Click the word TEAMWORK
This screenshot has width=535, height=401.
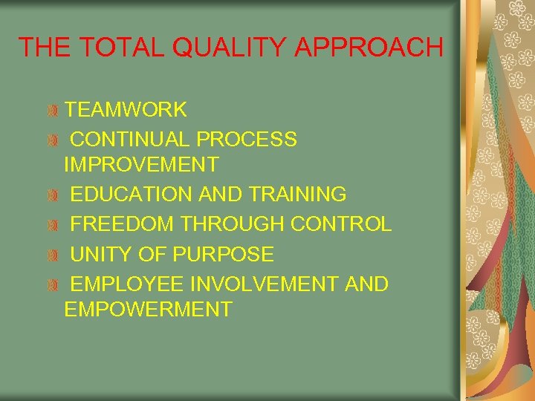click(x=126, y=110)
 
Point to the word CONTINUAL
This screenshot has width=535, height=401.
click(x=131, y=139)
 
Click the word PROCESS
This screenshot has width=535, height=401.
click(x=247, y=139)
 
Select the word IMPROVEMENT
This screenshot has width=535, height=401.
click(x=141, y=164)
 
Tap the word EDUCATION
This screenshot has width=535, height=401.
click(x=132, y=195)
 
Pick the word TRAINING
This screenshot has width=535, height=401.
click(x=298, y=195)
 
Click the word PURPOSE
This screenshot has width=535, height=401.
click(x=223, y=255)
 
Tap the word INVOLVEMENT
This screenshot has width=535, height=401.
click(x=263, y=284)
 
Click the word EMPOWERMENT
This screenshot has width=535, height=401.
click(x=148, y=310)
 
